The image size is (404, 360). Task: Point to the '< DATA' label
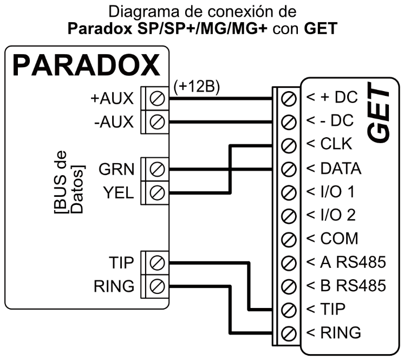pos(333,169)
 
